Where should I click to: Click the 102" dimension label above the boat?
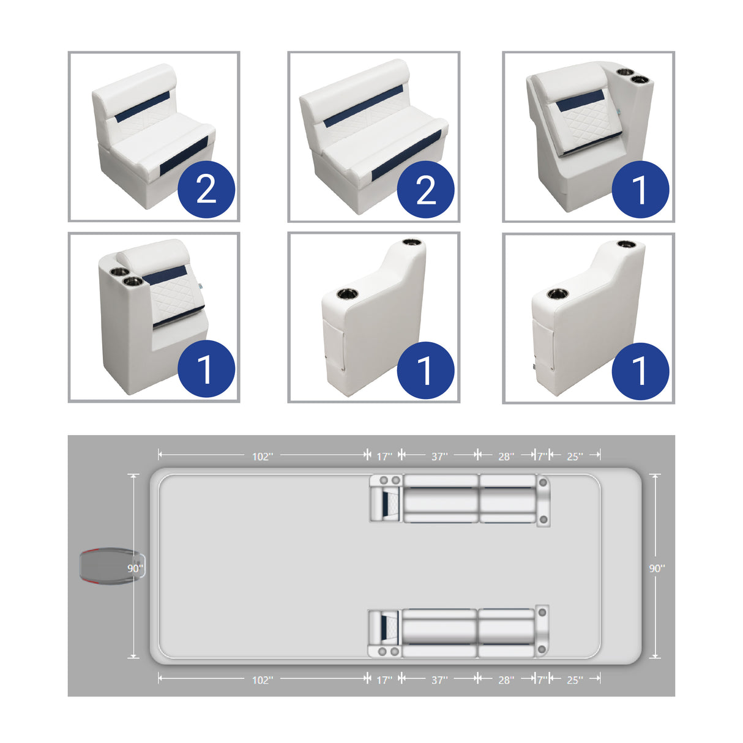(x=263, y=457)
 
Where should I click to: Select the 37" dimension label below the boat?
(x=439, y=680)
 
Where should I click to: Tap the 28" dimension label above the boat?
(x=506, y=457)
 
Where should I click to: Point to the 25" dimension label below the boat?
(x=575, y=680)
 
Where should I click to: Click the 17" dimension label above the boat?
(x=384, y=457)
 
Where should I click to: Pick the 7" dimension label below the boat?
(x=542, y=680)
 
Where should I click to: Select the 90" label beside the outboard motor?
(x=135, y=569)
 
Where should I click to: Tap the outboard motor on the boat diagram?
(x=110, y=566)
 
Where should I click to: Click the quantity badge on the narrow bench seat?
(x=206, y=190)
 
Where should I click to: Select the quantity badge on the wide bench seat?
(x=426, y=190)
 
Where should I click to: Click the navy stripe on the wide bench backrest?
(x=364, y=106)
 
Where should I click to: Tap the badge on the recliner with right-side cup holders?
(x=640, y=190)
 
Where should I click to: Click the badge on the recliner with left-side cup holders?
(x=206, y=369)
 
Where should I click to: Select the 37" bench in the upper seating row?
(x=441, y=499)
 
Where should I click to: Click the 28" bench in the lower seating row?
(x=506, y=633)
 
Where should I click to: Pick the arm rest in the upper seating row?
(x=543, y=499)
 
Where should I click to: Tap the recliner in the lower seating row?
(x=384, y=633)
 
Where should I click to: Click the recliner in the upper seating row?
(x=386, y=499)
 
